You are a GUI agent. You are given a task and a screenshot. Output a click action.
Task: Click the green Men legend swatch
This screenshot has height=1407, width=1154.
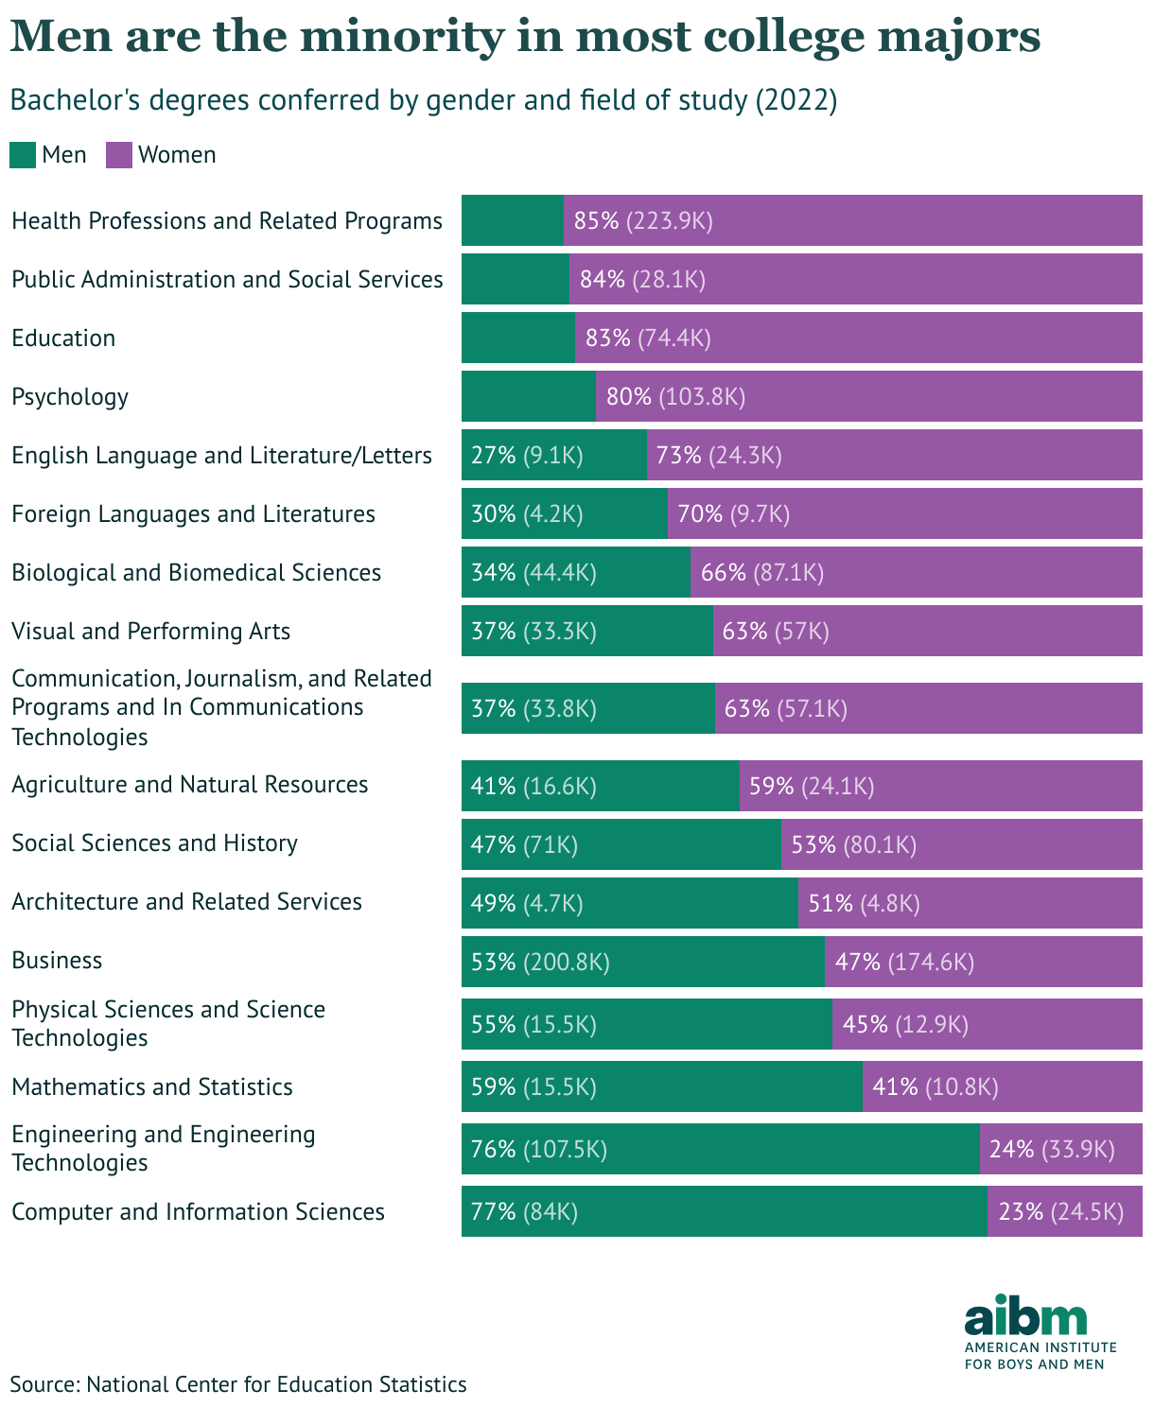click(23, 155)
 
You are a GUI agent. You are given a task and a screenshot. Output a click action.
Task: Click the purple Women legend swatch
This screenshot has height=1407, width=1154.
click(119, 155)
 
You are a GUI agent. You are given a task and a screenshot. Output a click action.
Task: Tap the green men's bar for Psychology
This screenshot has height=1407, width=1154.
click(528, 396)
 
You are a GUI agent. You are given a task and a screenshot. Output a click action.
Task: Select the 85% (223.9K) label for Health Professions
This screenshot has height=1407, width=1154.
click(643, 220)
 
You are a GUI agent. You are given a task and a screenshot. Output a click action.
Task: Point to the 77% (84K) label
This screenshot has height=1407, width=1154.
click(524, 1211)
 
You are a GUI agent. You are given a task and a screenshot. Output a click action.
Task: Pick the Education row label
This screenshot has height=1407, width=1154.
click(63, 338)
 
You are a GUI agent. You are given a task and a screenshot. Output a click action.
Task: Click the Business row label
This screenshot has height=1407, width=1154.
click(57, 960)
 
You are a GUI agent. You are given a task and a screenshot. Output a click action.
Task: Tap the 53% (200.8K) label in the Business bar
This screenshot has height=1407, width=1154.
click(540, 962)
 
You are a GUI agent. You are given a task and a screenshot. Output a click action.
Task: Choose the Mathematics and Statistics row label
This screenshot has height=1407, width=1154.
click(152, 1086)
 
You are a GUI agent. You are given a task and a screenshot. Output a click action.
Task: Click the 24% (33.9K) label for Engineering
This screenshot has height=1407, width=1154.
click(1052, 1149)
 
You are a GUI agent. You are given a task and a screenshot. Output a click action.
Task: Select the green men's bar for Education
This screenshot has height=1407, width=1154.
click(517, 338)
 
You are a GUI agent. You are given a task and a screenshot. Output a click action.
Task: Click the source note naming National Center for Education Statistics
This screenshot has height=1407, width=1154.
click(238, 1384)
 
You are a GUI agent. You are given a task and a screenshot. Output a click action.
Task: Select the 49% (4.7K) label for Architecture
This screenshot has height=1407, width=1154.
click(527, 903)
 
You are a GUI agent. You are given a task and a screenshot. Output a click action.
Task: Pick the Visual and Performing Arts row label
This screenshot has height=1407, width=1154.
click(150, 631)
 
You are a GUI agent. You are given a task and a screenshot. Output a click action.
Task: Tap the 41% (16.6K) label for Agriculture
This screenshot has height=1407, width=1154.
click(533, 786)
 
